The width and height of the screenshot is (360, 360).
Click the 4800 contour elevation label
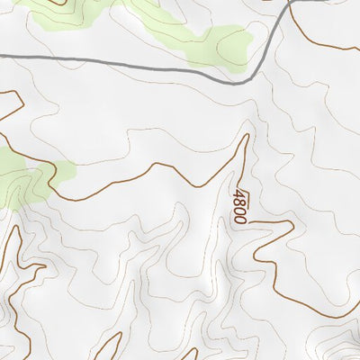238,206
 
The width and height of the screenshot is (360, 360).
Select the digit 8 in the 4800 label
238,202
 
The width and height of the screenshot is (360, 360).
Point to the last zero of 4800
239,219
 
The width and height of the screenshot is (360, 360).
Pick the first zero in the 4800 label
238,210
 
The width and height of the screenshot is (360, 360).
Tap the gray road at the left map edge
3,56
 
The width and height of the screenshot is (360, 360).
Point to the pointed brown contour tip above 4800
246,136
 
